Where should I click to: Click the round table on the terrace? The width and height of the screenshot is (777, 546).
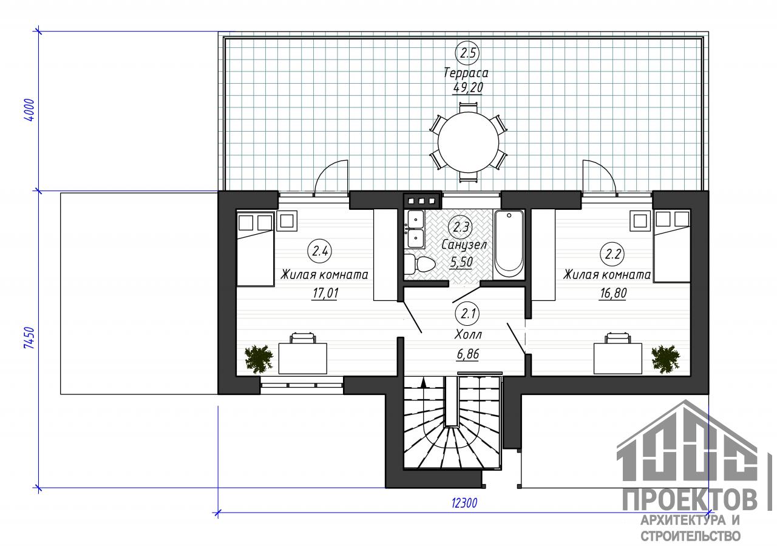468,142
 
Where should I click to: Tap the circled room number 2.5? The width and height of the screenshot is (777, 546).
467,53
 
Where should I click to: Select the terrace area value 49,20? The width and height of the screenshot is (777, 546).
467,88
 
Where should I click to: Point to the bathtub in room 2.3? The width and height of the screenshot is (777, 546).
509,244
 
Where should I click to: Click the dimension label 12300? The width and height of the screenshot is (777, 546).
464,503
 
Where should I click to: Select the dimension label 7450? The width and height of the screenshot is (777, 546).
30,338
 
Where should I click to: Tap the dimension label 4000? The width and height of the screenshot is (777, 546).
30,110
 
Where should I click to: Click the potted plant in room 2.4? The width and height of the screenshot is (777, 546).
259,359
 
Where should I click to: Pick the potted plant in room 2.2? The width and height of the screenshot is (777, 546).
665,359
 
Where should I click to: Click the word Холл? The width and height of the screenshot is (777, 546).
468,335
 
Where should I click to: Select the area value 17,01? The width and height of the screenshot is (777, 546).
325,293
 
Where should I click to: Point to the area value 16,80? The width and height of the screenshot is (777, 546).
613,293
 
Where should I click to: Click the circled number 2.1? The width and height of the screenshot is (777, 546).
468,314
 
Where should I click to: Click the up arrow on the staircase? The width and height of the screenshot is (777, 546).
423,383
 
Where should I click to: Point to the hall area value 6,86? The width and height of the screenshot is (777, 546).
468,354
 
